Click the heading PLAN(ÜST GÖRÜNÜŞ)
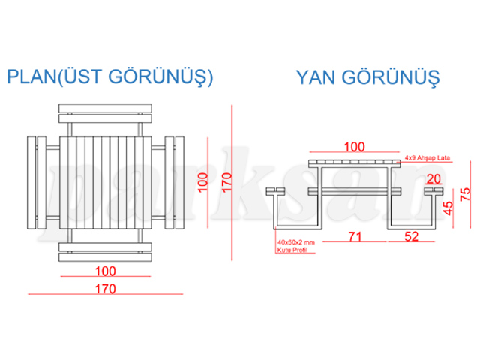110,77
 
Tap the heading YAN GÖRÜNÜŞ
367,77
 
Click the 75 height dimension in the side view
466,195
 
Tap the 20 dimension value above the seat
433,178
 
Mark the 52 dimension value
411,236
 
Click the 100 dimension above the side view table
353,147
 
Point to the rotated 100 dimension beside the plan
200,182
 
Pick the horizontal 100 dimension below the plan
104,270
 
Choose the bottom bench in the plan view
104,249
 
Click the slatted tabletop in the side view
353,163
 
